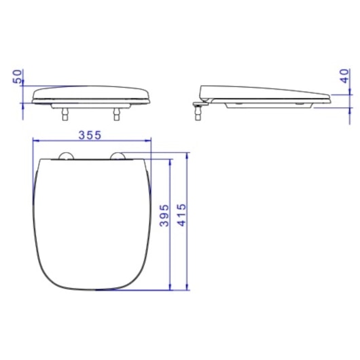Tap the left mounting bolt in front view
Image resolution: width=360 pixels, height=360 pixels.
point(65,113)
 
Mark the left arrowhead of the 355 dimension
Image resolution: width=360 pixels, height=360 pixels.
point(35,141)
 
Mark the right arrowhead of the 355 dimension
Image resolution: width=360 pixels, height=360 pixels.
point(145,141)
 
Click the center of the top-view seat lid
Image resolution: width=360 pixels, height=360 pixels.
point(90,221)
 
